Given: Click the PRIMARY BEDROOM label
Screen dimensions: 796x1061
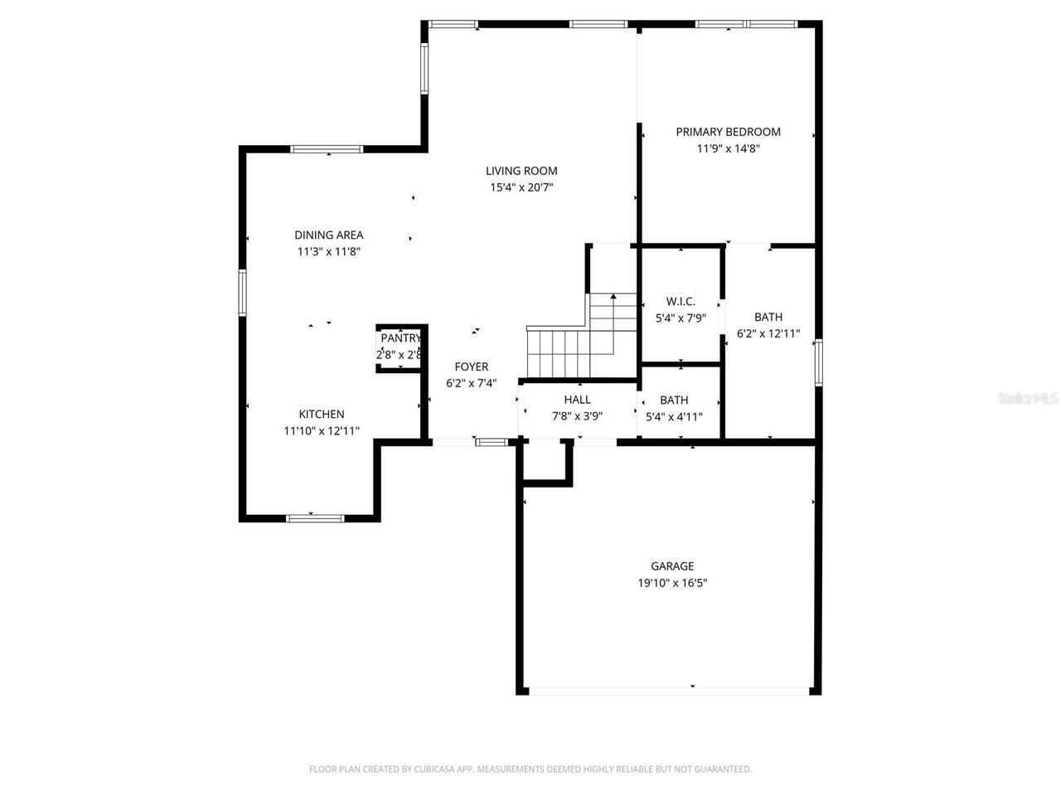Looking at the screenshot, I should [x=728, y=132].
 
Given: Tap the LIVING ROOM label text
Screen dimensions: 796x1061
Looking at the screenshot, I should [x=521, y=172].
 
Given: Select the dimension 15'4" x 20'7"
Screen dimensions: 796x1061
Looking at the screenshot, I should [x=521, y=187].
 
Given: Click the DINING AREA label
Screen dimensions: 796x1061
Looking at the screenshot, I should [x=329, y=235].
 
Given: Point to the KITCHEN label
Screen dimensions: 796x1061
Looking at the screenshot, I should [x=322, y=415].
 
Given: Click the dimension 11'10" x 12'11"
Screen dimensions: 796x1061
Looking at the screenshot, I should [x=322, y=430].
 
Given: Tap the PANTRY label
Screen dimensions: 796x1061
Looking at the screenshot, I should [x=400, y=338].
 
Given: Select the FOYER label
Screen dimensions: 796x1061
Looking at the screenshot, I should [x=472, y=366].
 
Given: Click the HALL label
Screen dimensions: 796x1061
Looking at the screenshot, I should [x=577, y=400].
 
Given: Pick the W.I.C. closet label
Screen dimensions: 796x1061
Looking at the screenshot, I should [x=681, y=302].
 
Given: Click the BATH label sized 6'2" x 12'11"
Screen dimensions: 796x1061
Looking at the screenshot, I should [x=768, y=317].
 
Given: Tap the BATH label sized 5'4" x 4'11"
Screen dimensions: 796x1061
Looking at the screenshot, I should [x=674, y=400].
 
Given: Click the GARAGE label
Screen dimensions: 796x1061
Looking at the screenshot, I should [x=672, y=566].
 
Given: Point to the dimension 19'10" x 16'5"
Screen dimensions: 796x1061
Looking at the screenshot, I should [x=672, y=583].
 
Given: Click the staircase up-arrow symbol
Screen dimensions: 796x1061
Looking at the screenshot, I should [x=613, y=298].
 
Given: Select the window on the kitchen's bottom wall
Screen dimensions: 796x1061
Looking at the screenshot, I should [x=315, y=518].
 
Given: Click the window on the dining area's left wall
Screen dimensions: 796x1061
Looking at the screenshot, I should [x=243, y=292].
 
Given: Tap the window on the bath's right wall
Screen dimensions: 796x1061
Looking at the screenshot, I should [x=818, y=362].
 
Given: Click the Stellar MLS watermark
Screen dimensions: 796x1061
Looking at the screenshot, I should [x=1028, y=399].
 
